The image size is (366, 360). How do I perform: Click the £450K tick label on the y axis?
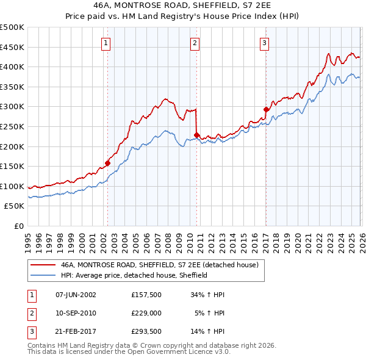(x=12, y=47)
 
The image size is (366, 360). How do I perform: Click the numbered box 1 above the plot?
(x=106, y=43)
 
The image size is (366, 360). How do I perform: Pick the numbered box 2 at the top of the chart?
(x=195, y=43)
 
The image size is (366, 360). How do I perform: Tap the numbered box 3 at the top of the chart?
(x=264, y=43)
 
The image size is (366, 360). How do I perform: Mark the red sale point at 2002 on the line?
(x=107, y=163)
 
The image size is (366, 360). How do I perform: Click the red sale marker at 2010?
(x=196, y=135)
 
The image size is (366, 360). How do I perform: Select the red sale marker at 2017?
(x=266, y=109)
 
